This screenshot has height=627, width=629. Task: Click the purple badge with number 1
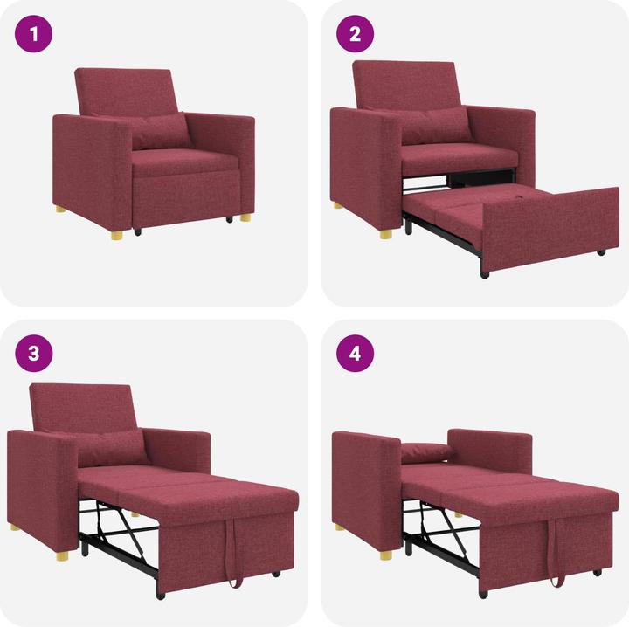(34, 35)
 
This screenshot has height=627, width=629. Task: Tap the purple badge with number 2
(356, 35)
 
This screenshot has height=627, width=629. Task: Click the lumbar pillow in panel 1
(160, 131)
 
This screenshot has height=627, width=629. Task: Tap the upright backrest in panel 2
(405, 84)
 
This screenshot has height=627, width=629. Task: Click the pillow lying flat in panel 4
(426, 452)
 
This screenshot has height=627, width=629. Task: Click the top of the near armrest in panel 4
(364, 437)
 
